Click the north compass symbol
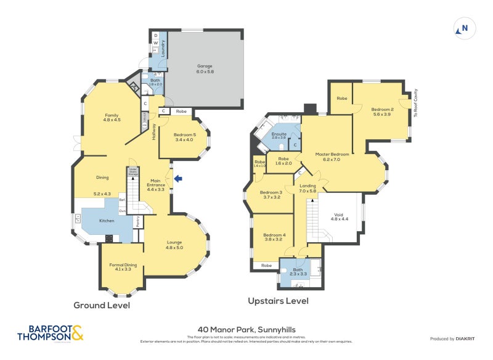tap(463, 28)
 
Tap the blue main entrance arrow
tap(179, 179)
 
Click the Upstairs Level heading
tap(278, 301)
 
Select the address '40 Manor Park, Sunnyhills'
tap(246, 329)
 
